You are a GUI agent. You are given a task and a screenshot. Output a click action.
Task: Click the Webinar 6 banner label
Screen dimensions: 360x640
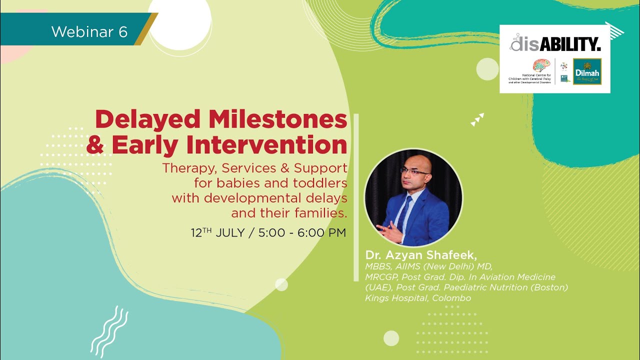click(89, 32)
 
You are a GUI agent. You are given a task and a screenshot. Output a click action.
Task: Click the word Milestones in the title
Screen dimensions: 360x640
click(277, 120)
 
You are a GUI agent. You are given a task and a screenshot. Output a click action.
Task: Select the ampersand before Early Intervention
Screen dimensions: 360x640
click(95, 145)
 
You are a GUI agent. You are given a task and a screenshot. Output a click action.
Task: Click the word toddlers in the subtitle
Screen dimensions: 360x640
click(321, 183)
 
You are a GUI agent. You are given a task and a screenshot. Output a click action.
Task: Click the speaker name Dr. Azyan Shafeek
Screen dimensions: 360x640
click(421, 255)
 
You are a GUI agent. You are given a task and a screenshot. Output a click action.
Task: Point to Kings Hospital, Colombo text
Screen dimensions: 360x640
click(418, 298)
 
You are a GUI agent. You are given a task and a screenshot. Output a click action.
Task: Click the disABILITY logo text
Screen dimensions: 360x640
click(555, 43)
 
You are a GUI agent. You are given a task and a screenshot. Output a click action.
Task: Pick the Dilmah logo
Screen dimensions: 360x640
click(587, 71)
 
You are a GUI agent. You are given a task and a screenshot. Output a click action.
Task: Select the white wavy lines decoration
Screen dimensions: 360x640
click(109, 330)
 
